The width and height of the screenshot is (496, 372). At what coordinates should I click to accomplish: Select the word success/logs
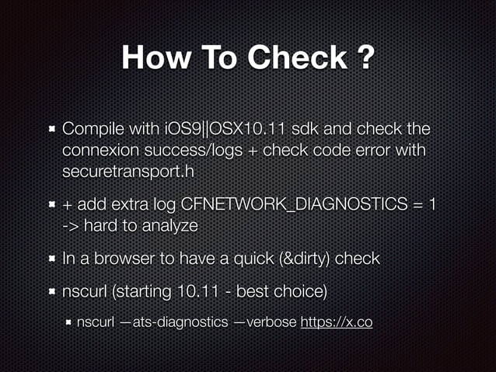(195, 148)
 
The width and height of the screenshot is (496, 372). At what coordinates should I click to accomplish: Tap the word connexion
(97, 148)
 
